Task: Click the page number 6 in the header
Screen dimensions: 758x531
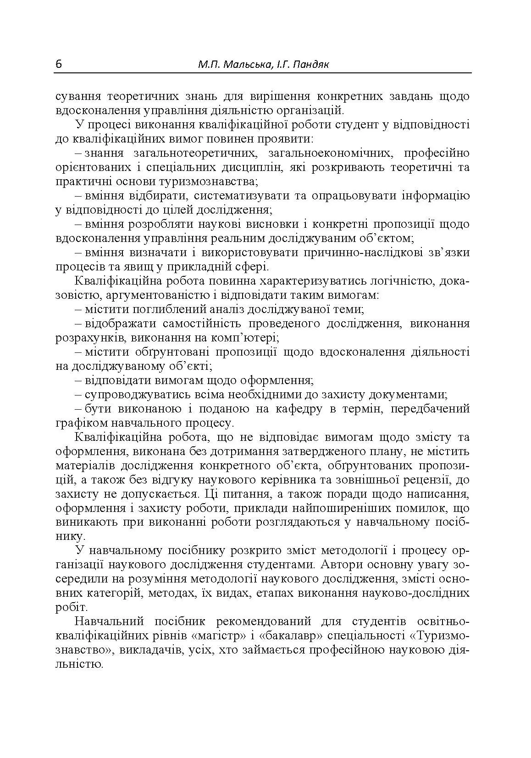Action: coord(58,64)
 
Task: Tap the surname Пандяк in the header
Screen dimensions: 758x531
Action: coord(312,65)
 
